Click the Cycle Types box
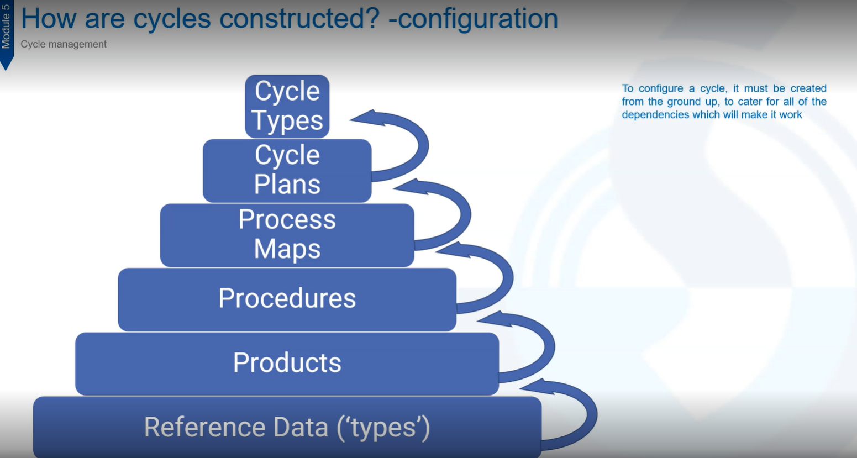click(287, 107)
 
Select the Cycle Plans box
click(287, 171)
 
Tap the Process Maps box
click(287, 235)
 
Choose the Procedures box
click(287, 299)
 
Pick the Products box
click(287, 364)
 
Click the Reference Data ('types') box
click(287, 427)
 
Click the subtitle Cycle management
click(64, 44)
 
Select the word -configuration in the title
click(474, 20)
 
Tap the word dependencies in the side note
click(655, 115)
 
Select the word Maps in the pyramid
click(287, 249)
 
